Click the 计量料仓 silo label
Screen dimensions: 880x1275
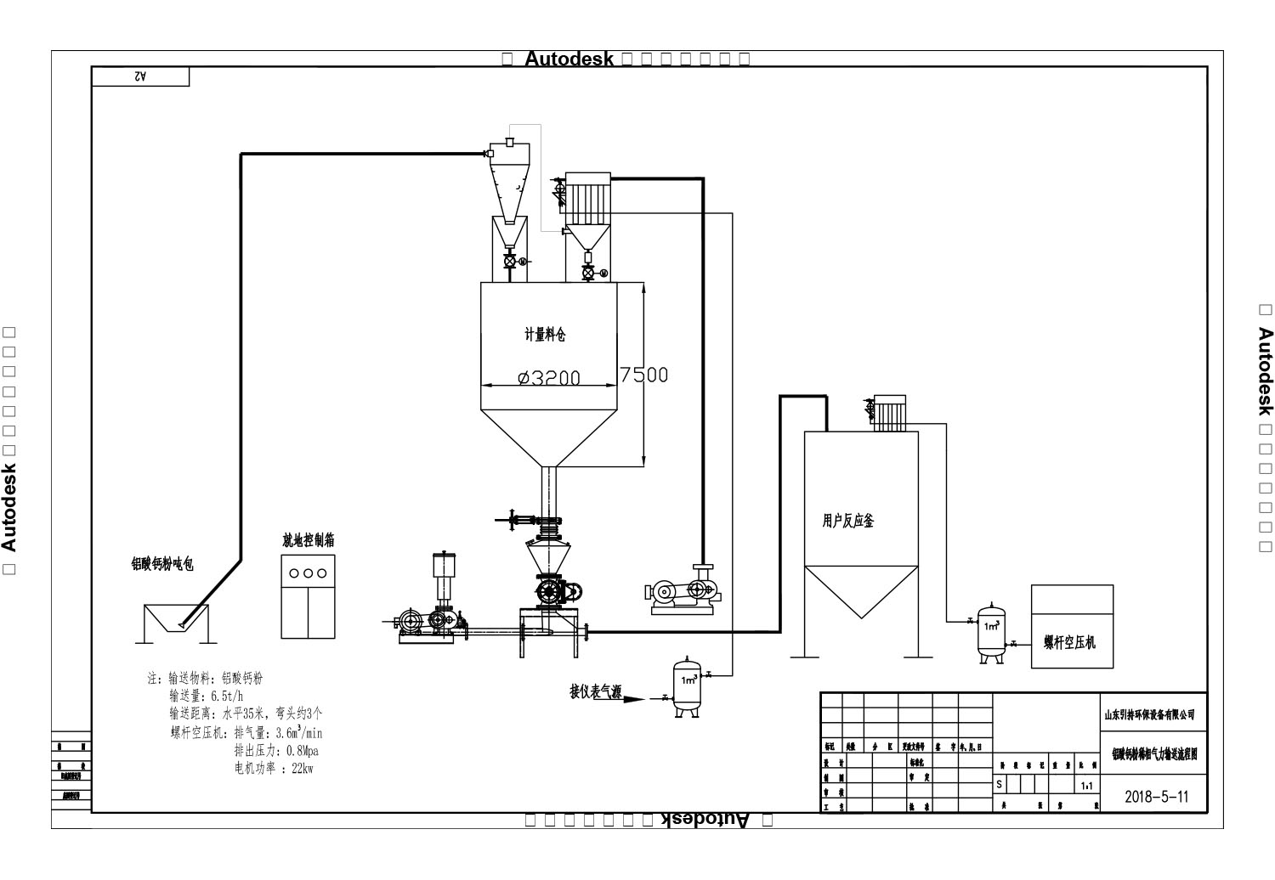click(x=545, y=335)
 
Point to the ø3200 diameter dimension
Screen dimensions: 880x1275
click(x=549, y=378)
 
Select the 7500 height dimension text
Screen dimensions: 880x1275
click(x=643, y=375)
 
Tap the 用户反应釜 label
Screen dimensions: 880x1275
click(x=847, y=521)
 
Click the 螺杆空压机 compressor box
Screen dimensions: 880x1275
click(x=1071, y=626)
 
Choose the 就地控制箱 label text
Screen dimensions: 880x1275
click(x=308, y=540)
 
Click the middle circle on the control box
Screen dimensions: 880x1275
click(x=308, y=573)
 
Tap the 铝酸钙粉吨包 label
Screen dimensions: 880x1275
click(x=161, y=564)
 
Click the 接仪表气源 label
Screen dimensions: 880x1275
click(x=595, y=692)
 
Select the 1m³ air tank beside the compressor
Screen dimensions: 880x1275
click(x=991, y=633)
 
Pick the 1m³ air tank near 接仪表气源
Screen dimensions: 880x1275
click(x=688, y=686)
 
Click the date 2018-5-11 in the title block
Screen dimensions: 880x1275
click(x=1156, y=797)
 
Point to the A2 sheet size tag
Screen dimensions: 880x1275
click(x=140, y=76)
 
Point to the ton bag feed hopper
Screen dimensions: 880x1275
click(x=176, y=624)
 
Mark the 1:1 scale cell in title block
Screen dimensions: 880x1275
click(x=1087, y=787)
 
